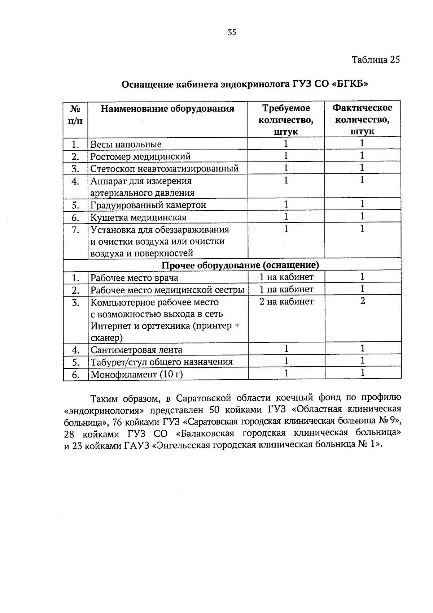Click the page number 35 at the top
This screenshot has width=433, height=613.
pyautogui.click(x=232, y=33)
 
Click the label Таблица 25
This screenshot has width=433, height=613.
pyautogui.click(x=376, y=60)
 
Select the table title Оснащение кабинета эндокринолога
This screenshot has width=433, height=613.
pyautogui.click(x=245, y=85)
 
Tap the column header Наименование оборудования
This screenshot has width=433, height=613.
pyautogui.click(x=167, y=108)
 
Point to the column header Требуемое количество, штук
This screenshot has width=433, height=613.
pyautogui.click(x=286, y=120)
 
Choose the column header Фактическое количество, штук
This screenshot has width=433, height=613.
pyautogui.click(x=362, y=120)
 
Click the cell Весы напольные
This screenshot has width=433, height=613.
pyautogui.click(x=126, y=144)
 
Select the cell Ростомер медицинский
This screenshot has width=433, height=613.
pyautogui.click(x=140, y=157)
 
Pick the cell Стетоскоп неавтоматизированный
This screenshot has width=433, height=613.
pyautogui.click(x=165, y=169)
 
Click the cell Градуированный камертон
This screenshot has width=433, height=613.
pyautogui.click(x=148, y=205)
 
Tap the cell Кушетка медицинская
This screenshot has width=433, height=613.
pyautogui.click(x=138, y=217)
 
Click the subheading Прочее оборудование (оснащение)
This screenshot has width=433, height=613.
pyautogui.click(x=240, y=266)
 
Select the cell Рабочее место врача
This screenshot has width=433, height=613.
pyautogui.click(x=134, y=278)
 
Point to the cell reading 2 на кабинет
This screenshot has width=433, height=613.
pyautogui.click(x=286, y=301)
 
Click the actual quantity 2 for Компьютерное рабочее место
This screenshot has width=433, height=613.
pyautogui.click(x=362, y=301)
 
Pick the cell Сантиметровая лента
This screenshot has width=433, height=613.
pyautogui.click(x=136, y=350)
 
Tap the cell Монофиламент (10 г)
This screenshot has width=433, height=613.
pyautogui.click(x=136, y=374)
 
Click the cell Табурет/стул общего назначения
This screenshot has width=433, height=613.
pyautogui.click(x=161, y=362)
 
